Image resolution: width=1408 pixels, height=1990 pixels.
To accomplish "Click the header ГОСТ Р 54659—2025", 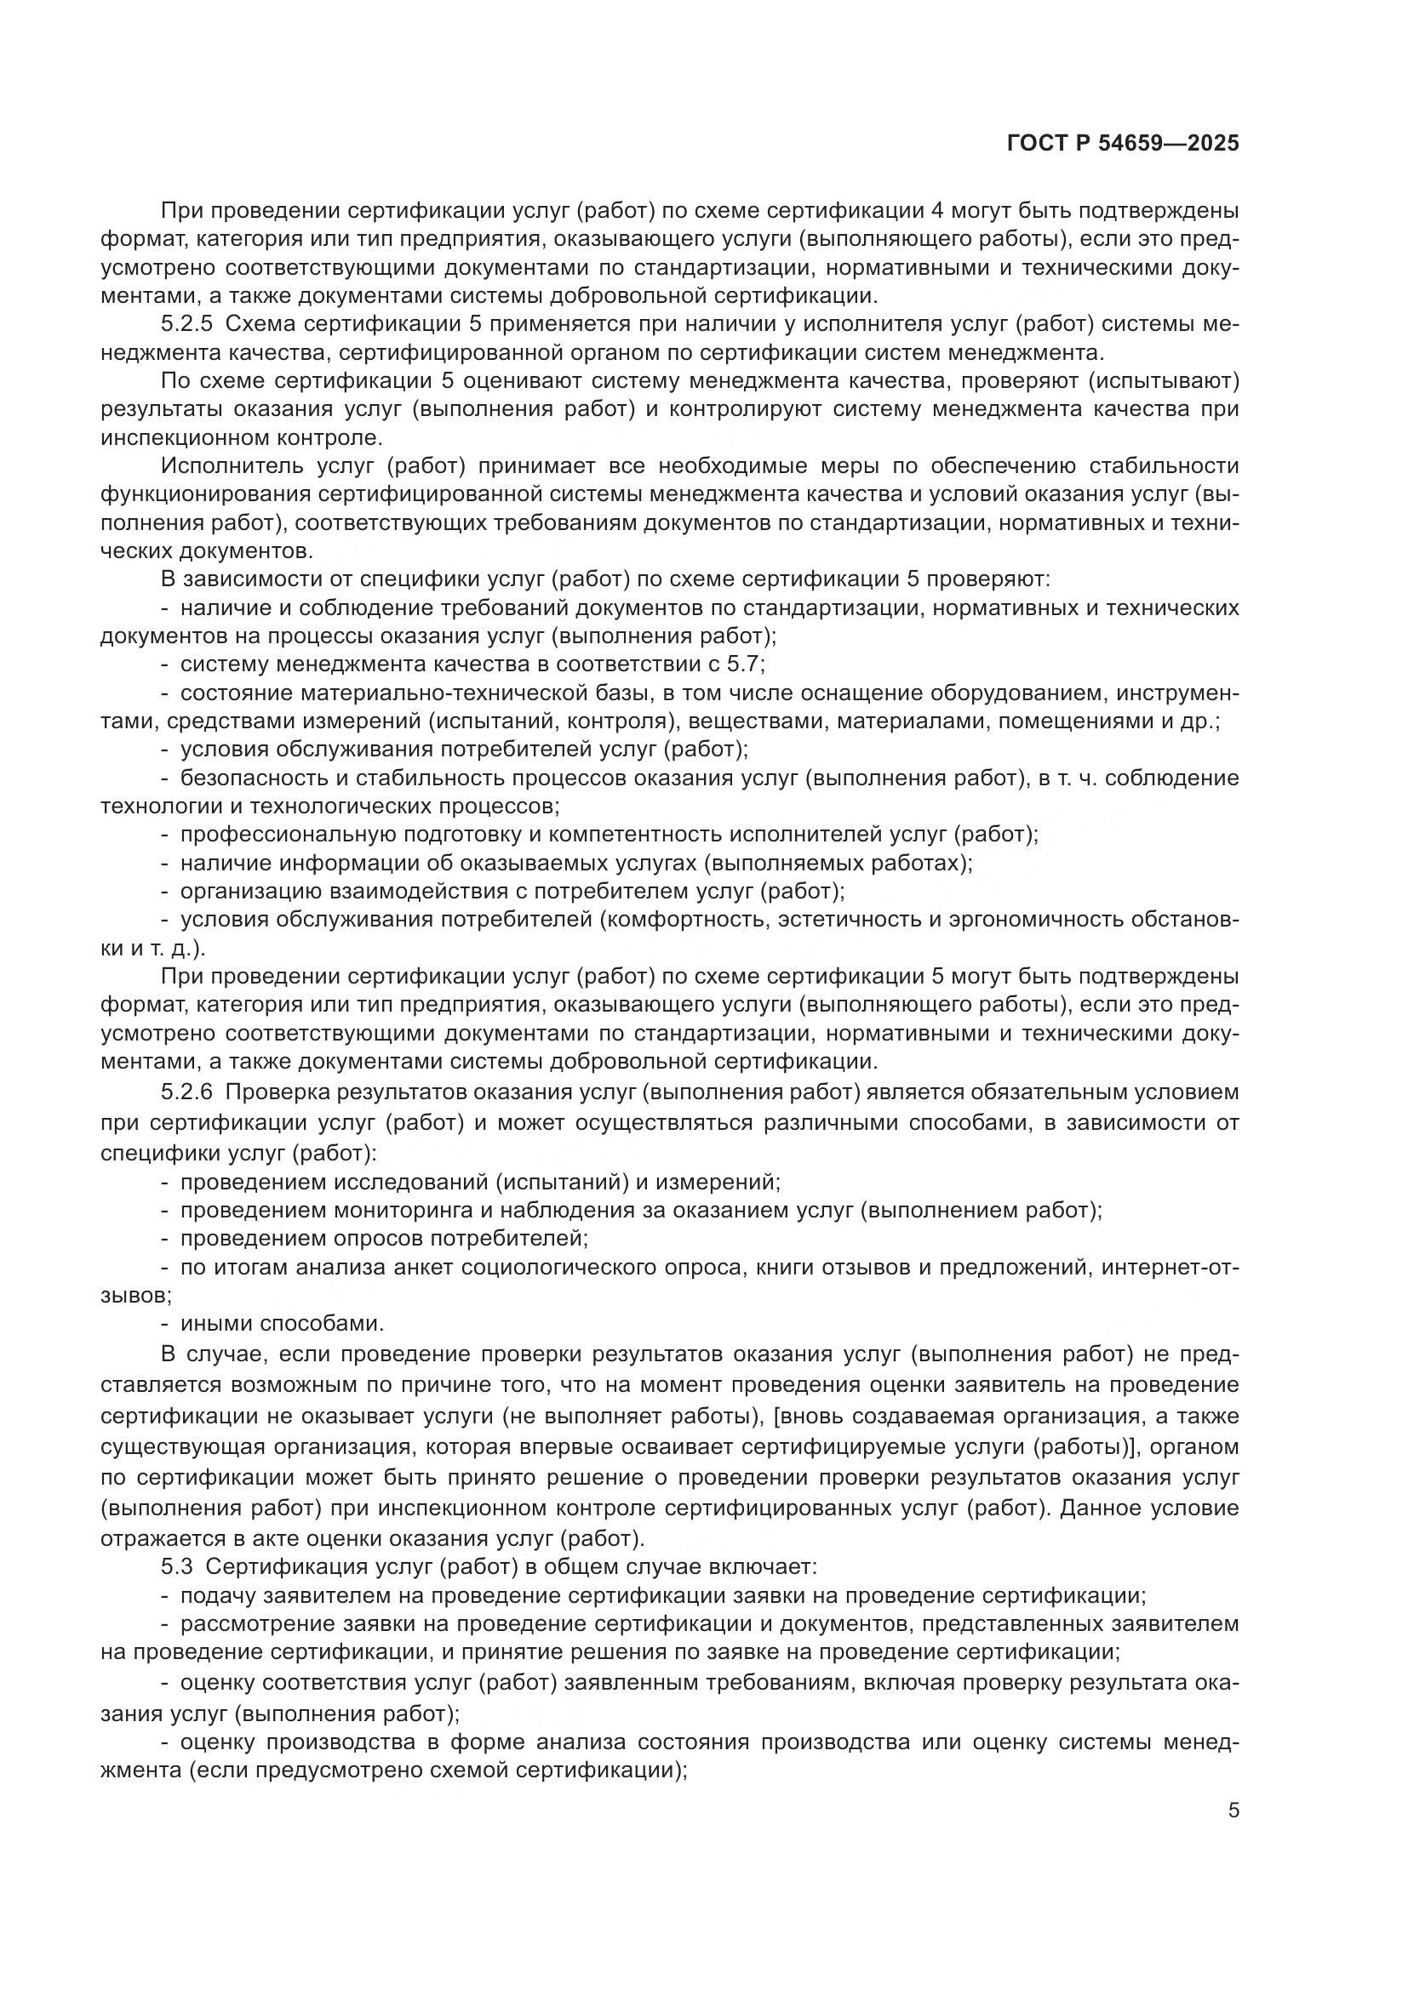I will click(1123, 143).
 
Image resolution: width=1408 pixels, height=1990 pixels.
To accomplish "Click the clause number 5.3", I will click(176, 1566).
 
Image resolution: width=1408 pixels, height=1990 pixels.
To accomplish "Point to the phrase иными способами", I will click(282, 1324).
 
